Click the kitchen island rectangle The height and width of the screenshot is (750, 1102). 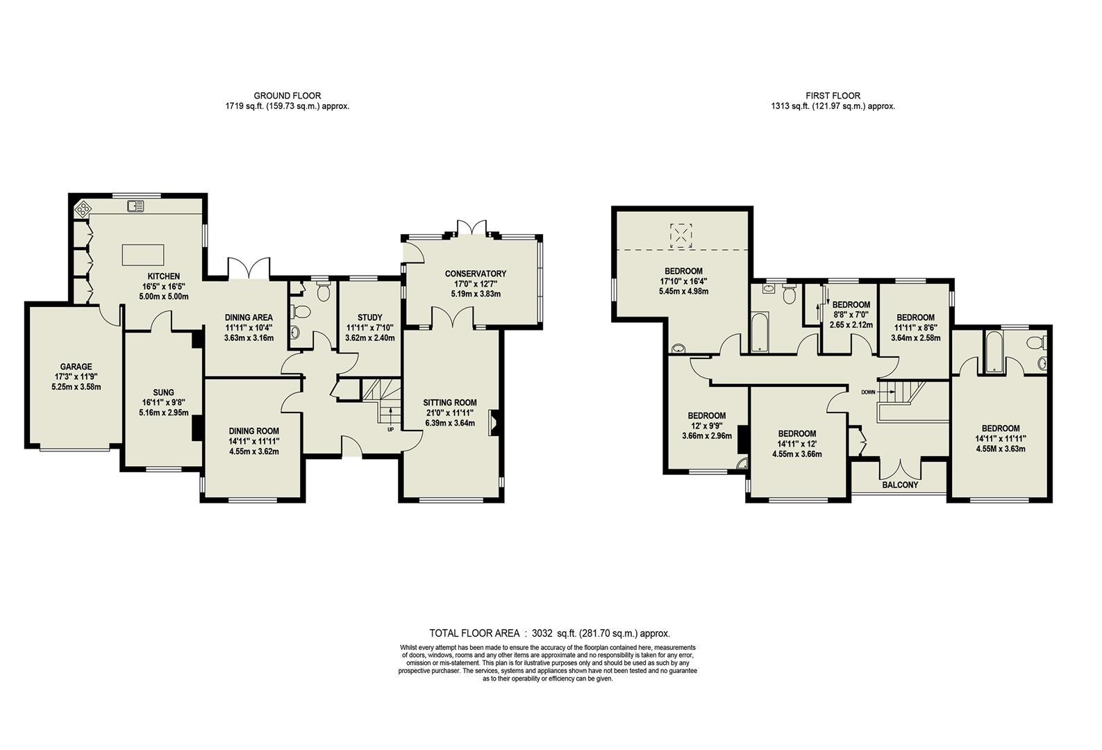click(x=144, y=255)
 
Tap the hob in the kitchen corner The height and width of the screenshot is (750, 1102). click(x=82, y=206)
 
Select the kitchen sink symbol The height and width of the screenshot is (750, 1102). click(x=135, y=205)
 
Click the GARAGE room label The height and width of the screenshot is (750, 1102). click(x=76, y=367)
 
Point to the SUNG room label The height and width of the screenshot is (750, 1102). click(x=163, y=392)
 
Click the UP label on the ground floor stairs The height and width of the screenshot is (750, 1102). click(x=390, y=429)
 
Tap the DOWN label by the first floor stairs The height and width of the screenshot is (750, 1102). click(x=868, y=392)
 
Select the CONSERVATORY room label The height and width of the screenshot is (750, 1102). click(x=476, y=274)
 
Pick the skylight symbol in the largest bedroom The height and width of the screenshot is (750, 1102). click(x=681, y=236)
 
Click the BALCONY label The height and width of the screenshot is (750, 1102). click(x=900, y=485)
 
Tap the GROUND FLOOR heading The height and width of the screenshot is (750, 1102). click(x=287, y=96)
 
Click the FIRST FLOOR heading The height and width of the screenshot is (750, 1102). click(x=833, y=96)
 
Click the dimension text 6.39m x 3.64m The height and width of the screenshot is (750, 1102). click(x=449, y=423)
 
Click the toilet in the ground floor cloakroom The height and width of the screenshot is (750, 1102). click(x=322, y=292)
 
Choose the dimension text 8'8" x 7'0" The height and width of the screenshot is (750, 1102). click(x=851, y=315)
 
